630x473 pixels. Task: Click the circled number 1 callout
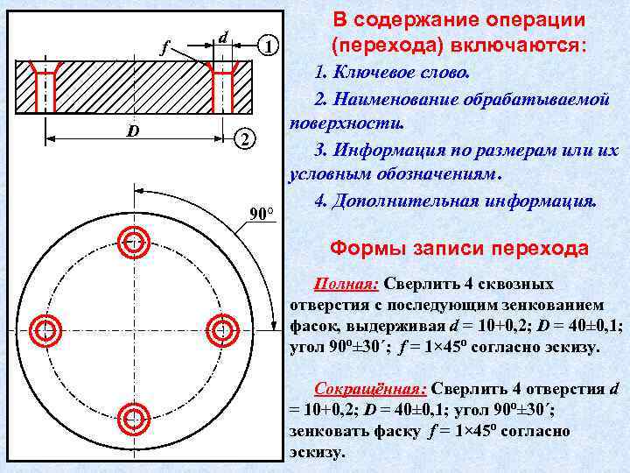(x=271, y=46)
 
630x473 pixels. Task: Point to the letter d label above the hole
(x=224, y=37)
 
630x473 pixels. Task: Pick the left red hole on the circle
(x=44, y=328)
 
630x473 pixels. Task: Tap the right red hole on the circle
(x=224, y=328)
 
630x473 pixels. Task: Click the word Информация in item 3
(x=388, y=150)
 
